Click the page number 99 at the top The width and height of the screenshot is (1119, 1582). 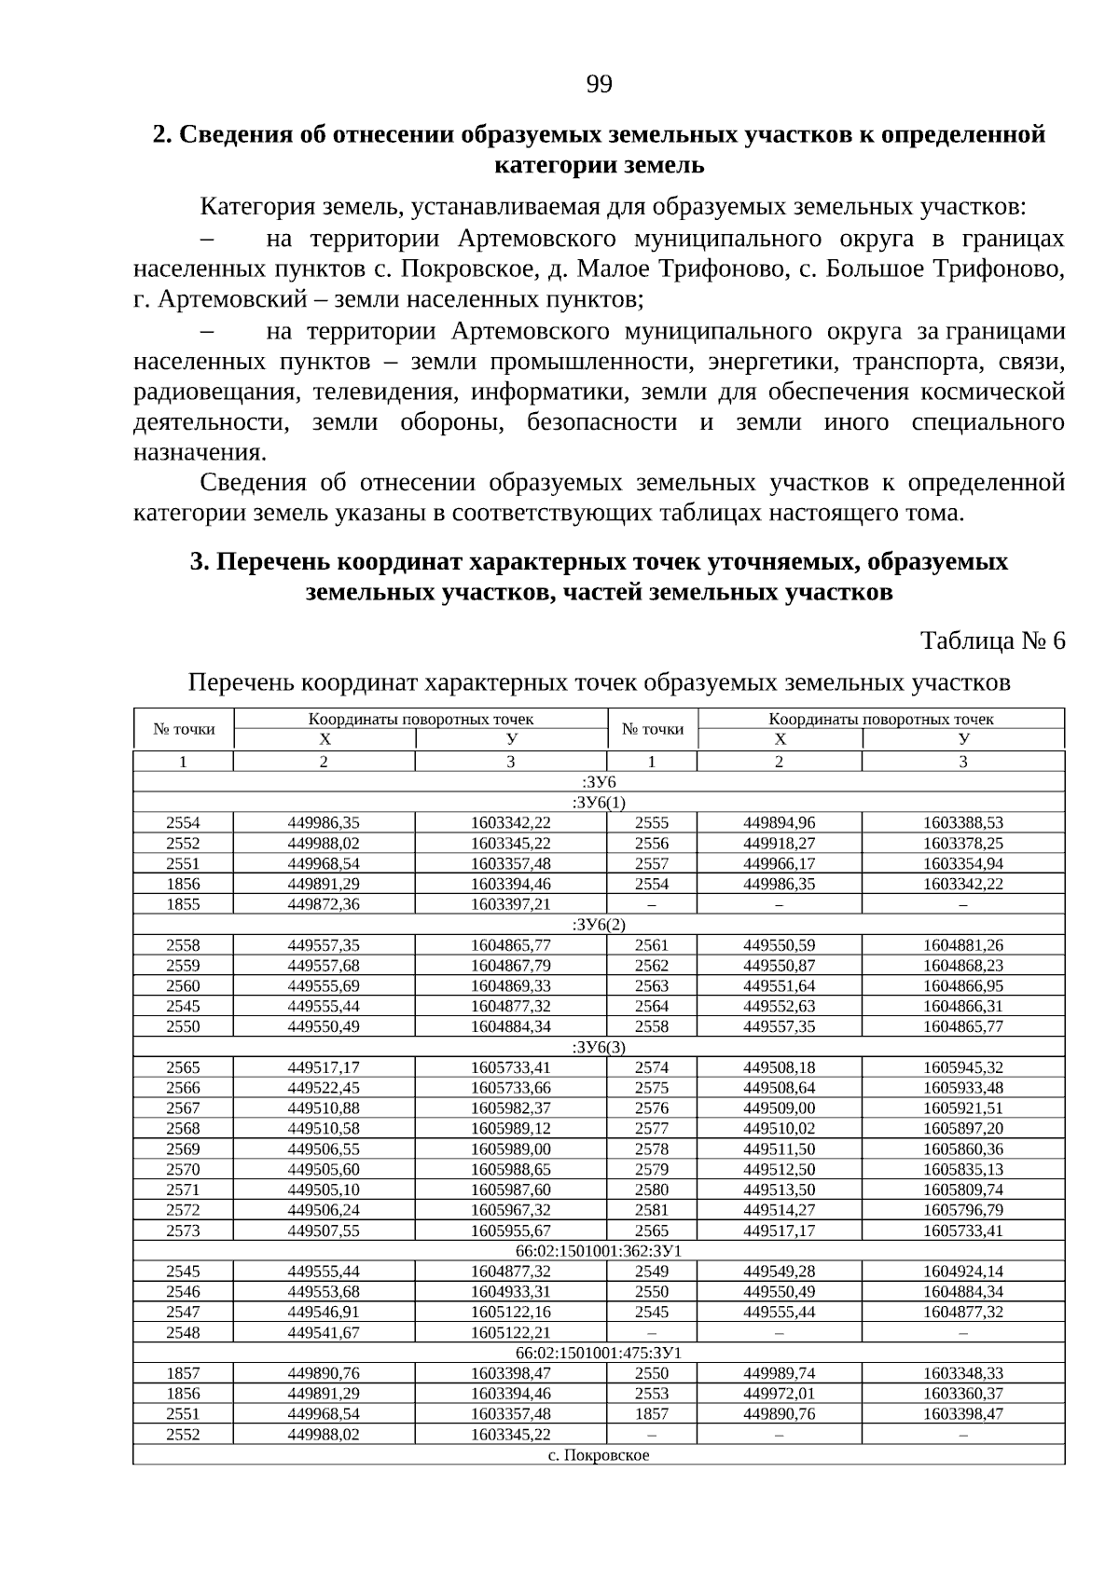coord(599,86)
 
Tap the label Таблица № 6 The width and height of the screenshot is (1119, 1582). coord(992,640)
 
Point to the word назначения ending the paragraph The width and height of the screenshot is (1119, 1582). coord(199,452)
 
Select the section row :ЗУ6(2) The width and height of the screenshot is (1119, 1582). coord(598,924)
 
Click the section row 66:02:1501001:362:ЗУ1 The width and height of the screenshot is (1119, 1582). coord(598,1250)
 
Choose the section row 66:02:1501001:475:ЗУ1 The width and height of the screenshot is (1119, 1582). coord(598,1352)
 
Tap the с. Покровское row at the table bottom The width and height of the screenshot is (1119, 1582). coord(598,1454)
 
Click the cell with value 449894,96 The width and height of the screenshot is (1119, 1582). coord(779,823)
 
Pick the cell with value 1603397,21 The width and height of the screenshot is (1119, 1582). coord(510,904)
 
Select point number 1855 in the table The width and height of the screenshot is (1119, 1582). coord(183,904)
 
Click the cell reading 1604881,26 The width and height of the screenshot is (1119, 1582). coord(963,945)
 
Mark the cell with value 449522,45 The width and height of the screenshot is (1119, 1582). coord(324,1088)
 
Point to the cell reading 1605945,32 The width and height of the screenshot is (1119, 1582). coord(963,1067)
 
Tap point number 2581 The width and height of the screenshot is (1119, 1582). coord(651,1210)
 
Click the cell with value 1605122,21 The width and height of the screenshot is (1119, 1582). coord(510,1332)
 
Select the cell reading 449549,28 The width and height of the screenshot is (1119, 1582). coord(779,1271)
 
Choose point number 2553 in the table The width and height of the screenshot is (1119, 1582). coord(651,1393)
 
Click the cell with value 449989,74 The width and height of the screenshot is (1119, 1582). coord(779,1372)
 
